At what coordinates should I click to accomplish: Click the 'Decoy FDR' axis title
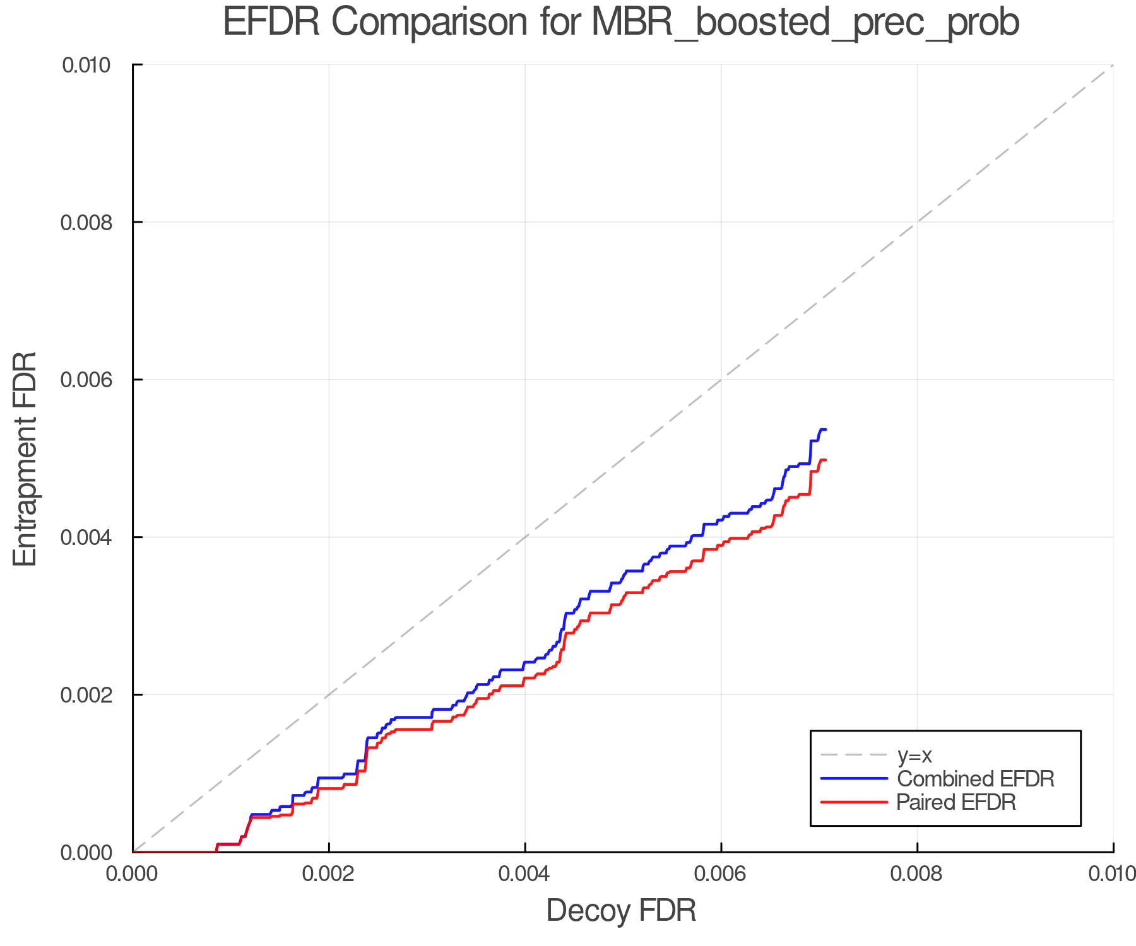point(621,911)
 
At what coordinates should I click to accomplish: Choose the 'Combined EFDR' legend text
point(975,779)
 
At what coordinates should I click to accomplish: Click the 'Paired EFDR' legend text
point(956,802)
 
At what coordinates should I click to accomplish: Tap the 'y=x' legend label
point(914,755)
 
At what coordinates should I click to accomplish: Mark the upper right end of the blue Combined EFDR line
point(825,429)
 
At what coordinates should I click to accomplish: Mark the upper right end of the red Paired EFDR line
point(825,460)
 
